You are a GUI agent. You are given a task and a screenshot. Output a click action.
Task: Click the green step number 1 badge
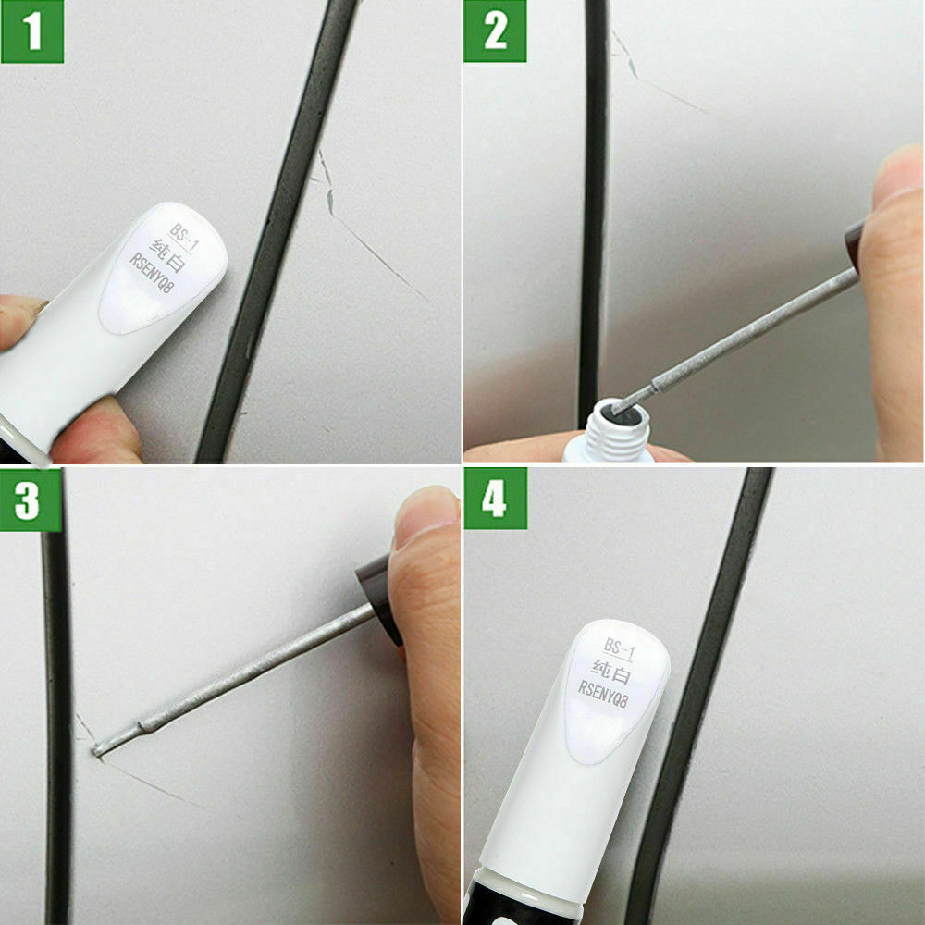[32, 31]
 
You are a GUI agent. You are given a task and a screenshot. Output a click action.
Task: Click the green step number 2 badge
[495, 31]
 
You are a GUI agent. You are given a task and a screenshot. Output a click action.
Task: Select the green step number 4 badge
[495, 499]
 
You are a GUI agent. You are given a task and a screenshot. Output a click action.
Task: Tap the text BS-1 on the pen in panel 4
[621, 646]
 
